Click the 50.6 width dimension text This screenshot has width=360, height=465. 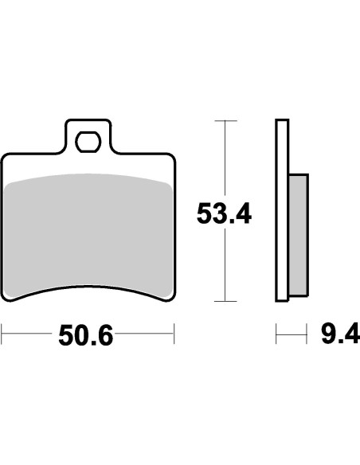click(x=86, y=336)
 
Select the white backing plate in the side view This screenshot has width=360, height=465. click(x=281, y=211)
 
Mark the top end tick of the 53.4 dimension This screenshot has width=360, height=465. click(x=226, y=121)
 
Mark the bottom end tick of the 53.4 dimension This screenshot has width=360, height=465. click(x=226, y=302)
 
